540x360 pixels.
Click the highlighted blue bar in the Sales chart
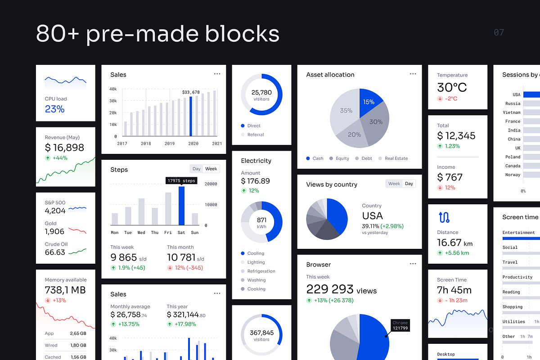click(191, 116)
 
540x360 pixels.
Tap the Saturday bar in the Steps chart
click(181, 206)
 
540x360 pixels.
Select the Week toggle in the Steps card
click(211, 169)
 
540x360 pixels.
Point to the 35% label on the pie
click(346, 111)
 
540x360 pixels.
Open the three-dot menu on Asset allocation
click(413, 74)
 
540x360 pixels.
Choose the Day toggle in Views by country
click(409, 184)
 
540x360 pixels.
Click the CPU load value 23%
click(54, 109)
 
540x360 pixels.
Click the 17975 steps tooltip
click(181, 181)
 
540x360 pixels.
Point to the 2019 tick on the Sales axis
click(170, 144)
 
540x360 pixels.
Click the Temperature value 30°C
click(452, 87)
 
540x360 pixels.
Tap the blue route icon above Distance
click(444, 218)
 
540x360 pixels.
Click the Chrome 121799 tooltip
click(400, 325)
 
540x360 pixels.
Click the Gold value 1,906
click(54, 231)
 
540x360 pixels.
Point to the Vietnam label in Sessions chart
click(512, 112)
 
